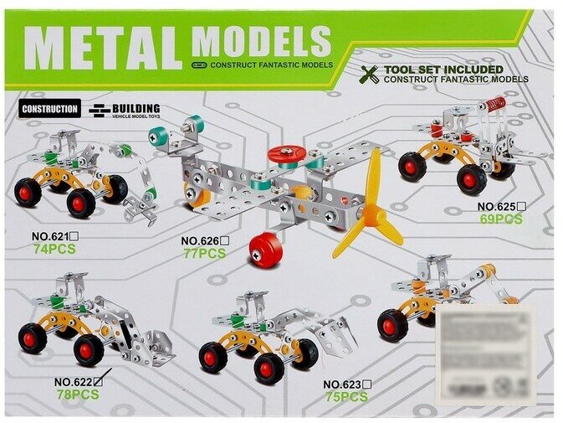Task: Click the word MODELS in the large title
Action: coord(261,41)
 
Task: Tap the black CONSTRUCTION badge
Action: coord(50,108)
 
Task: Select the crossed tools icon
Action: coord(370,75)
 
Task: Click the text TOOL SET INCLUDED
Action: coord(443,69)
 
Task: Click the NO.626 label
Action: coord(203,240)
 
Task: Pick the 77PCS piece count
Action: coord(204,253)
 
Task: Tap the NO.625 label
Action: coord(500,206)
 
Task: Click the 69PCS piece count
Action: coord(501,219)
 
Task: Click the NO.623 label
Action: coord(346,384)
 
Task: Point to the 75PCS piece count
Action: coord(346,397)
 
